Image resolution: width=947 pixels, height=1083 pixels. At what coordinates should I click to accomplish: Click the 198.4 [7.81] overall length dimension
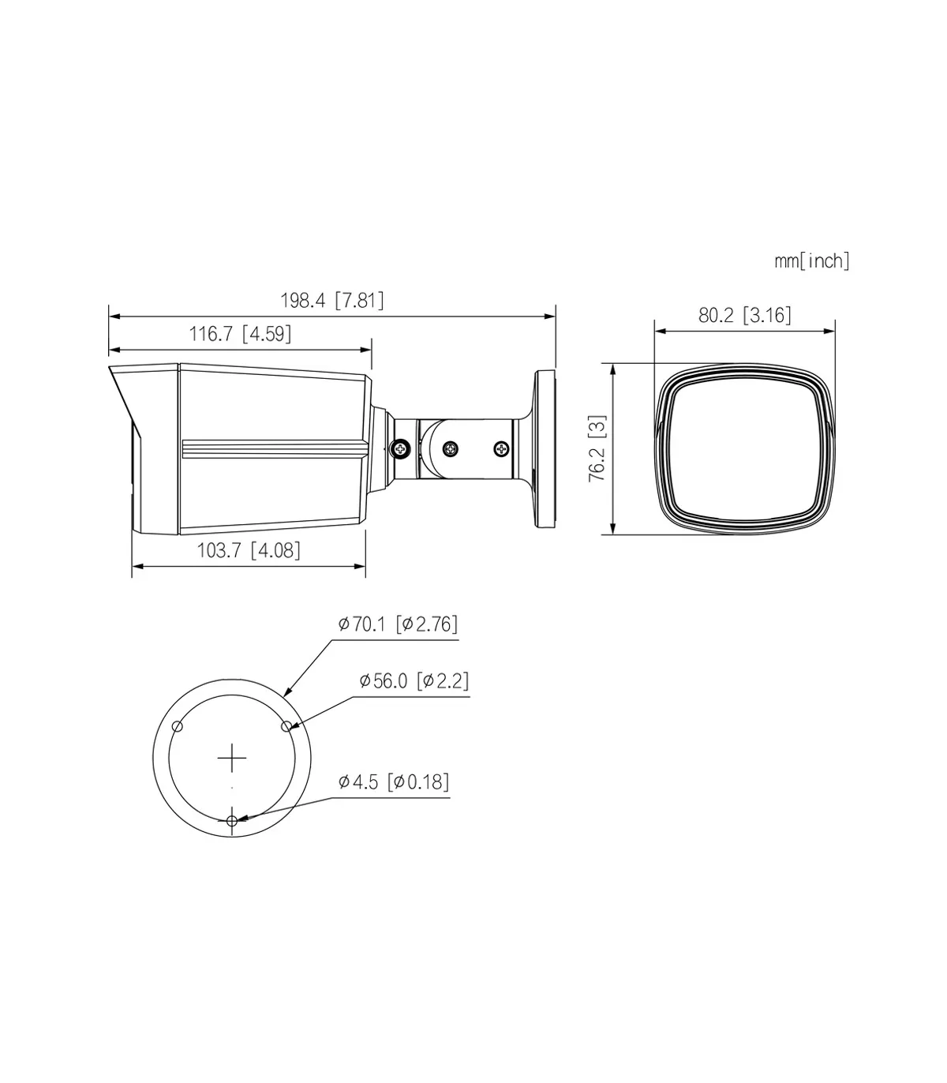pyautogui.click(x=331, y=301)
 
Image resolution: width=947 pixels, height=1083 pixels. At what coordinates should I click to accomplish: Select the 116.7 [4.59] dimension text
pyautogui.click(x=240, y=334)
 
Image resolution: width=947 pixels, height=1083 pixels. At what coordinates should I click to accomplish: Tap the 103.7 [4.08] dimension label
pyautogui.click(x=249, y=550)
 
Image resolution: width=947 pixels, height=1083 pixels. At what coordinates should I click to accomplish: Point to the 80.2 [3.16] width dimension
pyautogui.click(x=745, y=316)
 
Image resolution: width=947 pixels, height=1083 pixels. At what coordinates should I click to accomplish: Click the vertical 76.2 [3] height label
pyautogui.click(x=598, y=448)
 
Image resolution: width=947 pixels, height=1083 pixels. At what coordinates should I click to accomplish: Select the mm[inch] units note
pyautogui.click(x=812, y=261)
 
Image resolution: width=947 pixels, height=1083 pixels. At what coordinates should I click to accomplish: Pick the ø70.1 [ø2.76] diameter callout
pyautogui.click(x=398, y=624)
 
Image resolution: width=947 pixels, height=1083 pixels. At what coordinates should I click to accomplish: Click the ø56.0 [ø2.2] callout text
pyautogui.click(x=414, y=680)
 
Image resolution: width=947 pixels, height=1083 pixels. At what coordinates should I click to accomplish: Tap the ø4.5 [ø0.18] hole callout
pyautogui.click(x=394, y=781)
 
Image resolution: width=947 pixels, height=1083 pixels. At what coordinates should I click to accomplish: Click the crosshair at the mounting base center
pyautogui.click(x=232, y=759)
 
